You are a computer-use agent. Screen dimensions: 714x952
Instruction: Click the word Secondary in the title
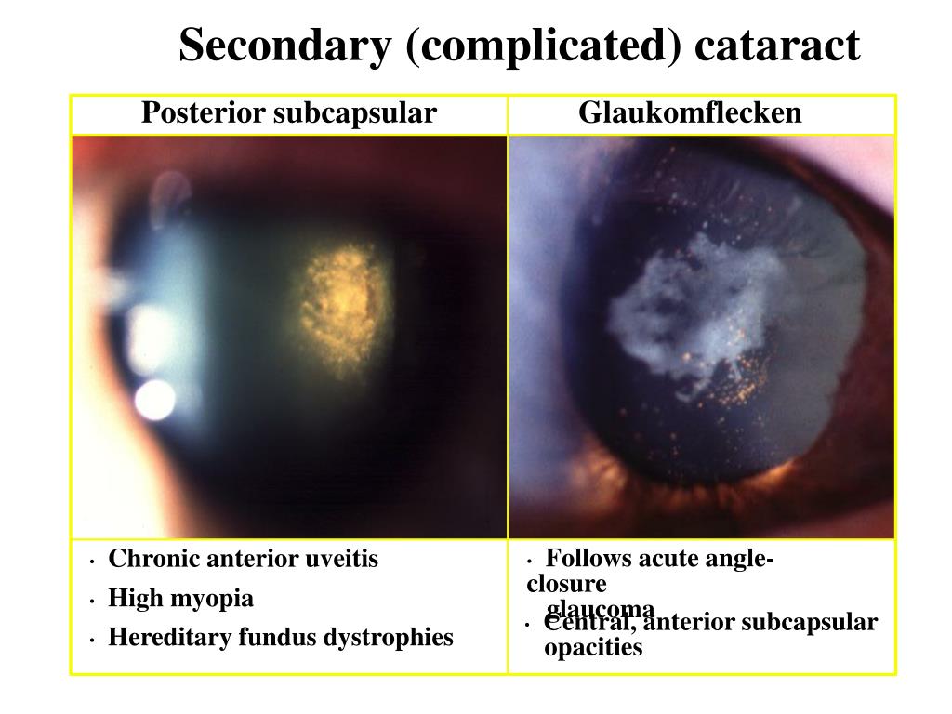[284, 46]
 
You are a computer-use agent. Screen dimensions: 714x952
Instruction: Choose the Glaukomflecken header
[690, 113]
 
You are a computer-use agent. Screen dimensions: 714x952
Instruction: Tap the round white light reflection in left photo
[154, 398]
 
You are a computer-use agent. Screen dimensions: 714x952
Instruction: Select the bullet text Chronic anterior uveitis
[244, 559]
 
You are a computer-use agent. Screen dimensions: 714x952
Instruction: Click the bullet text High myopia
[180, 598]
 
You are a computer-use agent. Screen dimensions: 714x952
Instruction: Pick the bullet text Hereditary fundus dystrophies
[281, 637]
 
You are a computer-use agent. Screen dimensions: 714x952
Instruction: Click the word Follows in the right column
[588, 559]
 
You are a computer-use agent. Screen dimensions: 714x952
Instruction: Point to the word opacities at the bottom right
[593, 648]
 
